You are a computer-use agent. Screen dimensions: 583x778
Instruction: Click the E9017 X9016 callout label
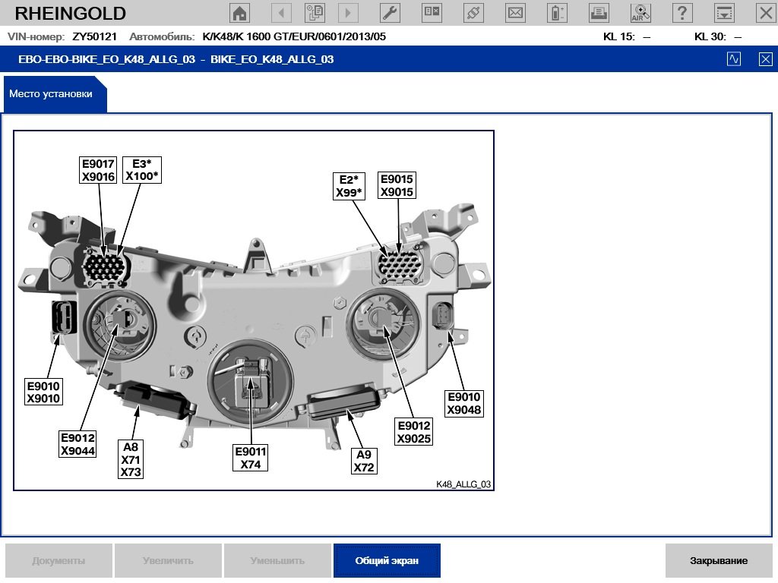[98, 170]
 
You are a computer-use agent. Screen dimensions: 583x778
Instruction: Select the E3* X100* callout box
[142, 170]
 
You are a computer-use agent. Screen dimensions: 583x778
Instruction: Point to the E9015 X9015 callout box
[397, 186]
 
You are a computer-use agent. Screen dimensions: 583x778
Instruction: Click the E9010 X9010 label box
[43, 392]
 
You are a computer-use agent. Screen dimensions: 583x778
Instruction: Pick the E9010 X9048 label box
[463, 403]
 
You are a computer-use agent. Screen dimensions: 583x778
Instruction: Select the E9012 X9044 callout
[78, 444]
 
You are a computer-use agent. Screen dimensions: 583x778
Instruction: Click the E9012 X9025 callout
[414, 432]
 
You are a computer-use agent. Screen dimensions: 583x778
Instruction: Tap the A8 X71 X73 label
[131, 459]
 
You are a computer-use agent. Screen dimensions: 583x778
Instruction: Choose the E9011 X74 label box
[251, 458]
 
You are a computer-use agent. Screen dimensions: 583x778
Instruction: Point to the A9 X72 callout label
[364, 461]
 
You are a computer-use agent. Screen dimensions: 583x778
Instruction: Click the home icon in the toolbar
[240, 12]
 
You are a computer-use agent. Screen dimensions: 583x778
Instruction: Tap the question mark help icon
[682, 12]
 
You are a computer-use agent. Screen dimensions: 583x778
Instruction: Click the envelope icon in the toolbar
[515, 12]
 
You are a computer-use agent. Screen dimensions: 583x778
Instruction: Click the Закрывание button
[719, 561]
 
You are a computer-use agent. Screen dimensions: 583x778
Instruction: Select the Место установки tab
[51, 94]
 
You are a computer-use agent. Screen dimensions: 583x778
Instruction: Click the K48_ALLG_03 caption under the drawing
[463, 484]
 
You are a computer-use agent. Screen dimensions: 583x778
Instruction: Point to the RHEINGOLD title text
[71, 13]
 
